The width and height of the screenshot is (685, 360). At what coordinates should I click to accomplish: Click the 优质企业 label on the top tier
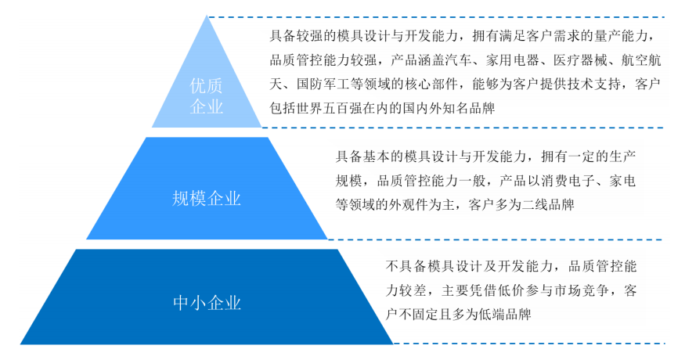point(206,96)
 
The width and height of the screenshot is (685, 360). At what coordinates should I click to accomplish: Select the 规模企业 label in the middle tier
point(206,198)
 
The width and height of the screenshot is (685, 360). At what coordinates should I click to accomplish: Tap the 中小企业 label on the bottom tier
point(207,303)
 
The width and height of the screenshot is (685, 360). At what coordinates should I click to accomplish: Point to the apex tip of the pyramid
point(207,16)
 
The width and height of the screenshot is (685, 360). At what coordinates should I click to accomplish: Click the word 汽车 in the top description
point(459,60)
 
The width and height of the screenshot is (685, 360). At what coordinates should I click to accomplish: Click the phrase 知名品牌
point(469,108)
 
